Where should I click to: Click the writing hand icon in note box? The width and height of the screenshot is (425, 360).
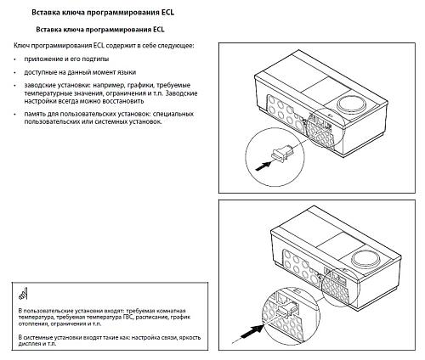point(22,296)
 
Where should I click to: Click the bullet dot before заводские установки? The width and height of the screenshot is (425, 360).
point(16,87)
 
